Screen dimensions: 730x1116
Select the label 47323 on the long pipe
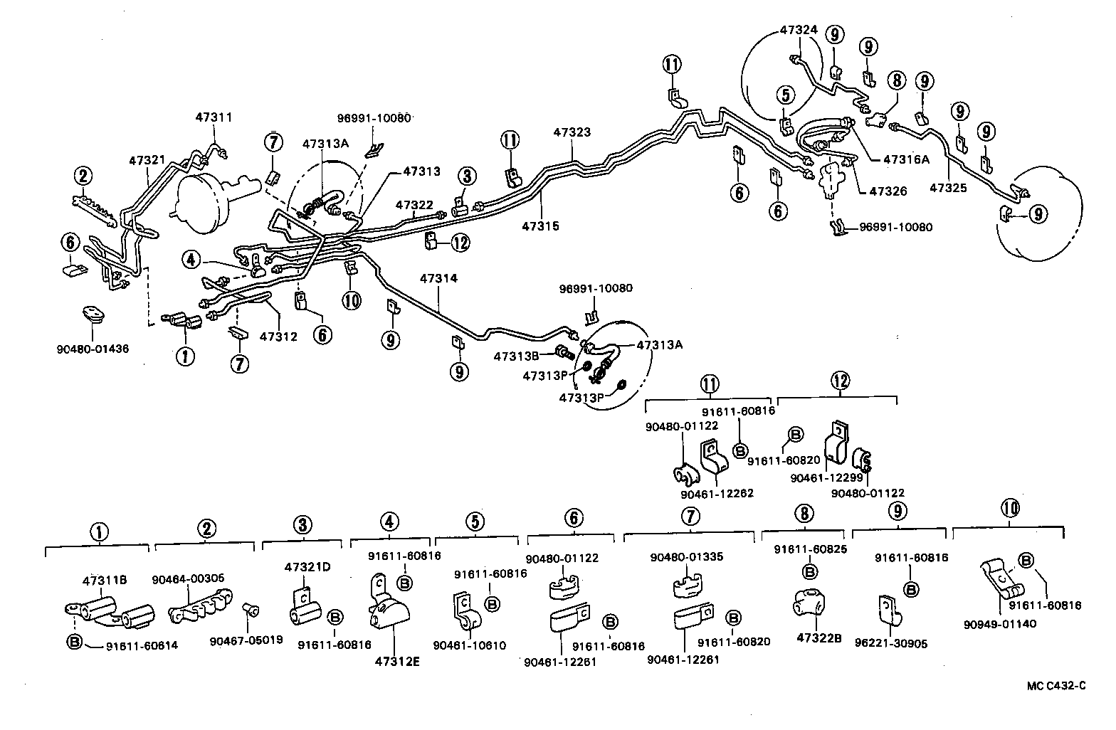coord(572,132)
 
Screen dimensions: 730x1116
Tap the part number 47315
coord(540,226)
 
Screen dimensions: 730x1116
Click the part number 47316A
coord(906,159)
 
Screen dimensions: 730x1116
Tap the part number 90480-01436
coord(93,349)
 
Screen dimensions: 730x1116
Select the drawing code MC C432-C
coord(1056,686)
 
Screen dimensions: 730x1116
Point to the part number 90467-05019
coord(246,640)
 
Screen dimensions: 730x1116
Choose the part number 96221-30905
coord(902,644)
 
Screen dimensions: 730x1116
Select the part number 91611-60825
coord(809,550)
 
